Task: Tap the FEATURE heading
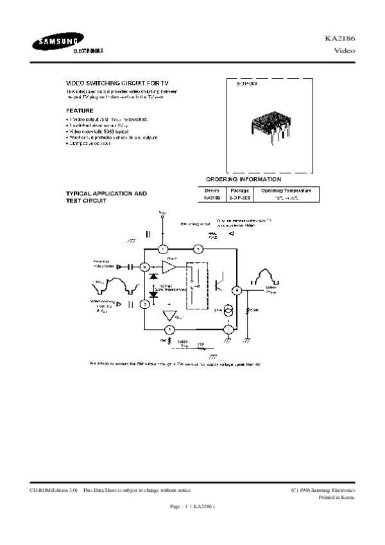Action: point(80,110)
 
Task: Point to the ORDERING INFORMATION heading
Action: point(243,179)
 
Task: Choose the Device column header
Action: point(212,191)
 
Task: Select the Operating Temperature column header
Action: point(282,191)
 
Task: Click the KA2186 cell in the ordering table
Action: point(212,199)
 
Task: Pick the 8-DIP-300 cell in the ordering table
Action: point(239,199)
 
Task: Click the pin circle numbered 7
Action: point(163,248)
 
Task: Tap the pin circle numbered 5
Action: point(198,248)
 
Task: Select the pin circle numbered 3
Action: point(145,303)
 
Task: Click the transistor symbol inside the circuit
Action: point(219,280)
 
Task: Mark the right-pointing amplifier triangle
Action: point(169,266)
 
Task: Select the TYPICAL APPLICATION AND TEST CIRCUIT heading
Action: point(107,197)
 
